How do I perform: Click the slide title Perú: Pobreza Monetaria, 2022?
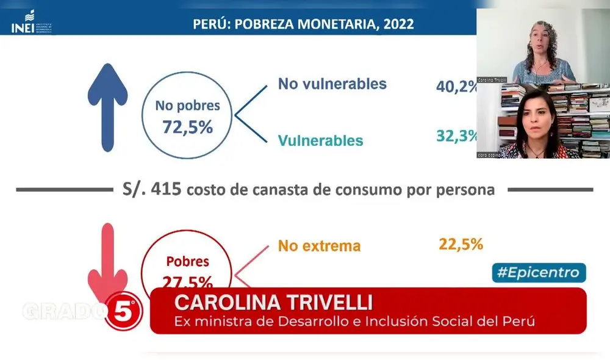[x=303, y=24]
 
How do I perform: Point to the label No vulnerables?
[x=332, y=84]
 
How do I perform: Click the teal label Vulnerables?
[x=320, y=140]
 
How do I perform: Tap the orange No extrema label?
[x=319, y=246]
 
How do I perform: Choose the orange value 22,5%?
[x=461, y=244]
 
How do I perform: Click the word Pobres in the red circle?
[x=187, y=262]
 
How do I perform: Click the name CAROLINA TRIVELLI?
[x=273, y=303]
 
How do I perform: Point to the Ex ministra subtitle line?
[x=354, y=320]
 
